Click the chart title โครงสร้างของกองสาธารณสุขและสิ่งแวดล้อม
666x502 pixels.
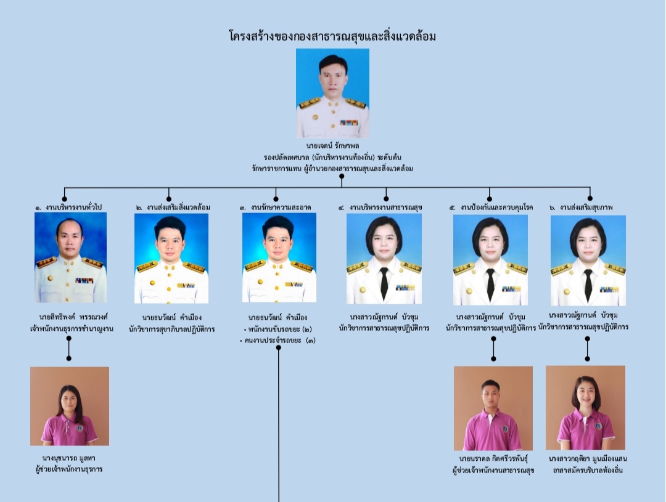point(332,36)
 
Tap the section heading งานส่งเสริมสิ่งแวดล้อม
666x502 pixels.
point(178,208)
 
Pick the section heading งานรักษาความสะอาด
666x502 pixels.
point(281,208)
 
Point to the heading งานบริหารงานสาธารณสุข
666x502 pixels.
point(386,208)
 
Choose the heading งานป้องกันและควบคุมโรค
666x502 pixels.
point(496,208)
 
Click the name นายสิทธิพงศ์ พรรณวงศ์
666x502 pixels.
point(73,317)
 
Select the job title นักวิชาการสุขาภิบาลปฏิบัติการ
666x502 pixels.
point(171,329)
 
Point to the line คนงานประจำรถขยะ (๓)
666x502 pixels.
point(277,341)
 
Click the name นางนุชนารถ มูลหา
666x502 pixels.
point(69,458)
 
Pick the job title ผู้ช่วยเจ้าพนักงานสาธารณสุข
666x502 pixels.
point(493,470)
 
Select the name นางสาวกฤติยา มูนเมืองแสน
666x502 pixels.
point(588,459)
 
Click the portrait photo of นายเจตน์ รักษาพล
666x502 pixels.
point(332,94)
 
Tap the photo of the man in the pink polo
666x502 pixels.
point(493,408)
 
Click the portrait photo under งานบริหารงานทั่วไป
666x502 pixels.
point(70,257)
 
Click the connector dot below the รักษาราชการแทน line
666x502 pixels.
point(342,176)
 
